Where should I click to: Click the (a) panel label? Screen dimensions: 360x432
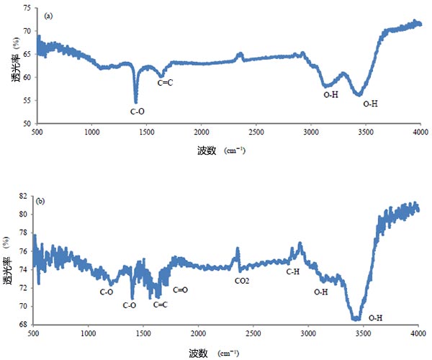(49, 14)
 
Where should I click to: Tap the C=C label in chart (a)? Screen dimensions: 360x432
(166, 83)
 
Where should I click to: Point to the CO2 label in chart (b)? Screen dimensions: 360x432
(241, 280)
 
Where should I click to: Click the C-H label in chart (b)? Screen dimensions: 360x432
(293, 271)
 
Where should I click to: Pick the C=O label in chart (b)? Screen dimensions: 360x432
(181, 289)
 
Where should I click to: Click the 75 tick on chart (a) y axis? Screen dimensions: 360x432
(27, 8)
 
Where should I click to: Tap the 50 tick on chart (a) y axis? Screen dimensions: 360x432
(27, 124)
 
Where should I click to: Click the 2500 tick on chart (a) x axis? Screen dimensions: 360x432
(256, 132)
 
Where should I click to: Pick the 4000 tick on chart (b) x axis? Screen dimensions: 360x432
(418, 334)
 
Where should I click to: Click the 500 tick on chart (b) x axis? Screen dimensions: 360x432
(33, 334)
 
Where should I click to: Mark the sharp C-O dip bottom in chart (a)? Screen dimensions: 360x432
(135, 102)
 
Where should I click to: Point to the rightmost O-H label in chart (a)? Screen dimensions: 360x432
(370, 104)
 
